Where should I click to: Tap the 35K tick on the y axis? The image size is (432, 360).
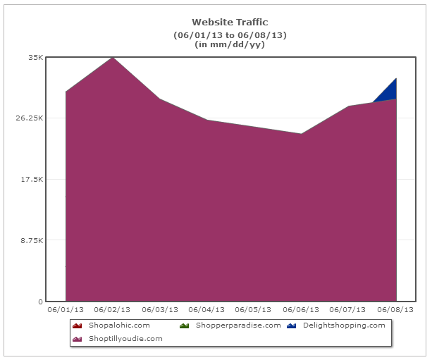click(35, 57)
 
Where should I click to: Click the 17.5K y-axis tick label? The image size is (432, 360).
click(32, 180)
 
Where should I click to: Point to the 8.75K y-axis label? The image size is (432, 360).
click(32, 241)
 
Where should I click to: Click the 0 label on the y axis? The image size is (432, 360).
click(41, 302)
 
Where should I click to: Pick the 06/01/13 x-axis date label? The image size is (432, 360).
click(66, 310)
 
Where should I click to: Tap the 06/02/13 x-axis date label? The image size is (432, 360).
click(113, 310)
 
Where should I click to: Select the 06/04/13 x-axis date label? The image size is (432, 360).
click(207, 310)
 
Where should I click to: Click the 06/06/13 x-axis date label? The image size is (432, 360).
click(302, 310)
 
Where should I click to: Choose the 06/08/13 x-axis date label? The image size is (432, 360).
click(396, 310)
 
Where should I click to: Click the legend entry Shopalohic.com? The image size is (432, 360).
click(119, 325)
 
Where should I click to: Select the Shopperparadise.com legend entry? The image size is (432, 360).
click(238, 325)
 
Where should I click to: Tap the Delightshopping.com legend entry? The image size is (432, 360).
click(344, 325)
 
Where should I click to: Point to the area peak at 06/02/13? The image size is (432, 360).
click(113, 58)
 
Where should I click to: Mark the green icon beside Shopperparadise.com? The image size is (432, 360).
click(184, 325)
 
